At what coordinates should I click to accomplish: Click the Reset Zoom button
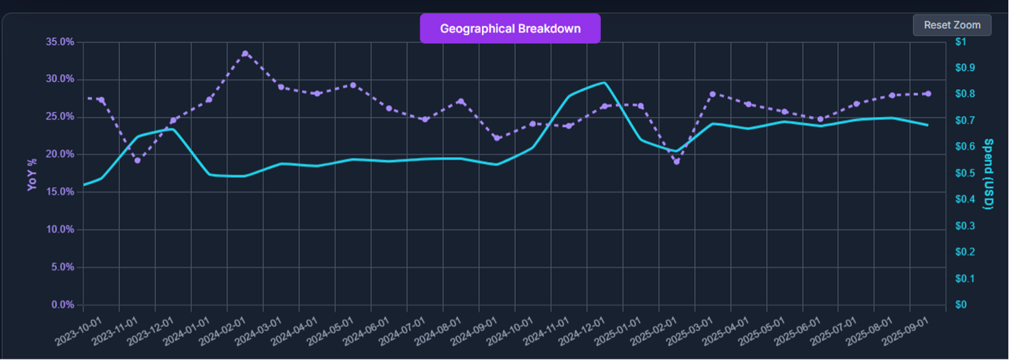952,25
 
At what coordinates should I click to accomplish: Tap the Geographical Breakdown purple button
510,28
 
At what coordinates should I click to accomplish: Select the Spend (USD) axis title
988,174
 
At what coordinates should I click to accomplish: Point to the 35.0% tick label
60,42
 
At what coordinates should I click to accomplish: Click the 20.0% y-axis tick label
60,154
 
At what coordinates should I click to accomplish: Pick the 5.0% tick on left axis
62,267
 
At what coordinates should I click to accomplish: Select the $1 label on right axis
961,42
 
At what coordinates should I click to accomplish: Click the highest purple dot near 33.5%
245,54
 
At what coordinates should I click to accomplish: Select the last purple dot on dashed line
928,94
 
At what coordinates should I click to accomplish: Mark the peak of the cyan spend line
604,83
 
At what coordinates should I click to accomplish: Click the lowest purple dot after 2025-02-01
677,161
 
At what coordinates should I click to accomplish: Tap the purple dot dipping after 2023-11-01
138,160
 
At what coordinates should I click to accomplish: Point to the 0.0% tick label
62,305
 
